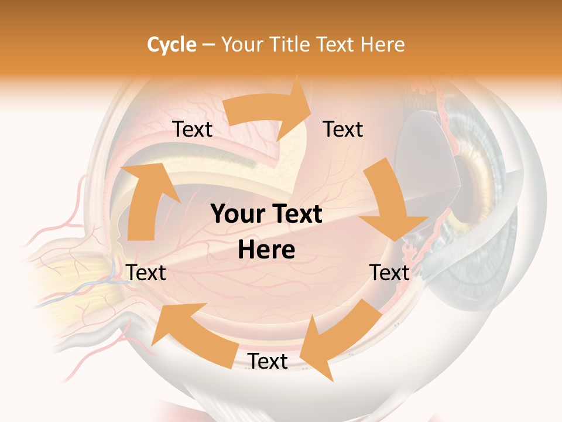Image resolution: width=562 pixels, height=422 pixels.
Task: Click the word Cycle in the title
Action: [172, 45]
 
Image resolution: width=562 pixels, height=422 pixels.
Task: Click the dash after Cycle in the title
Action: [208, 45]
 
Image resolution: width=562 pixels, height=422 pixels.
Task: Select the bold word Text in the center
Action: [296, 215]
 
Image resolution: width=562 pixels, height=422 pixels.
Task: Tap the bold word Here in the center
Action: [266, 250]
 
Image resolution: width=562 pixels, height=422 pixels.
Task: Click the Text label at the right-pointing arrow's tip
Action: [343, 130]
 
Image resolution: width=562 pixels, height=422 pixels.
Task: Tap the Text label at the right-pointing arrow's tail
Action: [192, 130]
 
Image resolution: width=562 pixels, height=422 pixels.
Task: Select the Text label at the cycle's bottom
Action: [268, 362]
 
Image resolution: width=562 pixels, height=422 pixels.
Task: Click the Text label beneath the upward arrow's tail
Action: [146, 273]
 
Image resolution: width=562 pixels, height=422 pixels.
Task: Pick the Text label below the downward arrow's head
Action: [389, 273]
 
